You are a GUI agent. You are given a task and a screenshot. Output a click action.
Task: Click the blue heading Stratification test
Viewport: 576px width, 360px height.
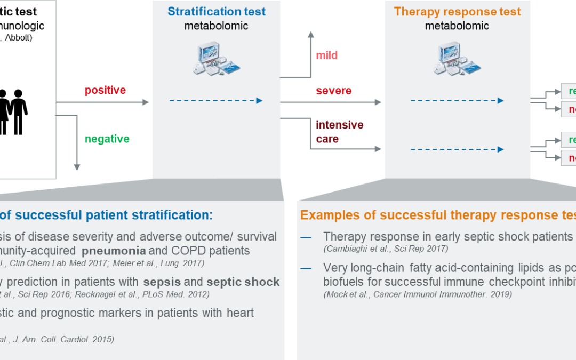tap(217, 12)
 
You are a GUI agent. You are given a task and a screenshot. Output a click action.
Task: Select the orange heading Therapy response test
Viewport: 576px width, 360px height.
tap(457, 12)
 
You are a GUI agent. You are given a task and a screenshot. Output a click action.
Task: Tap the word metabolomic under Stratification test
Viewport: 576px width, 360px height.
tap(217, 26)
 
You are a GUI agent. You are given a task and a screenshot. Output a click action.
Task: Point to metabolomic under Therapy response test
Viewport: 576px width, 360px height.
tap(457, 26)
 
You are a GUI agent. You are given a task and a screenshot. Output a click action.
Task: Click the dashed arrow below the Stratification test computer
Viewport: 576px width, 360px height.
tap(216, 100)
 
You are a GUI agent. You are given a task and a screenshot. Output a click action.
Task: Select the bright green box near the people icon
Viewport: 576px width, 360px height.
tap(118, 153)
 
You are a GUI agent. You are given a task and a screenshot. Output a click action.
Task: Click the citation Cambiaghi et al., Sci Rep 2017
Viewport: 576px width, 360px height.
tap(386, 249)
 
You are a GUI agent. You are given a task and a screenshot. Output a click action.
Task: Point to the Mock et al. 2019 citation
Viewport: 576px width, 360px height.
tap(417, 294)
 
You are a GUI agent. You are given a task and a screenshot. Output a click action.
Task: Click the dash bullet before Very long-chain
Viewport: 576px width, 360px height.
tap(306, 268)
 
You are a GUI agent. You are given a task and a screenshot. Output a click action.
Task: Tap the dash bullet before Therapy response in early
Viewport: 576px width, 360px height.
tap(306, 237)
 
